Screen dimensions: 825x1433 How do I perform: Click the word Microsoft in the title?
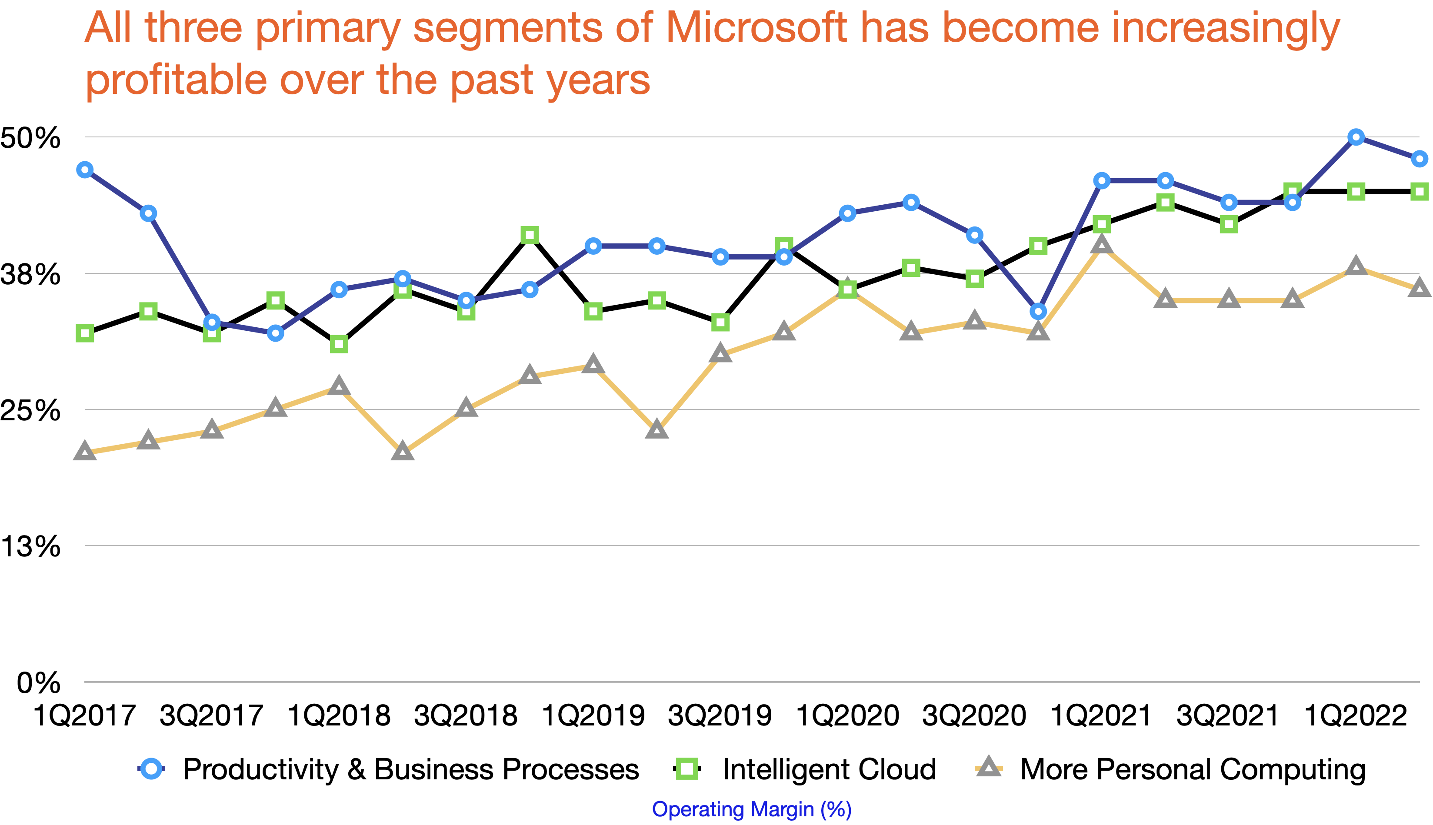756,28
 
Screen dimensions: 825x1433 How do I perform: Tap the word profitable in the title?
176,80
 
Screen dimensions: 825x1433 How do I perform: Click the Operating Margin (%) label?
751,809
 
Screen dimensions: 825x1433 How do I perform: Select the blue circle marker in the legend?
151,769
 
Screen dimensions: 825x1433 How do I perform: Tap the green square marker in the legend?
687,769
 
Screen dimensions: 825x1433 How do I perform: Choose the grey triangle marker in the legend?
989,767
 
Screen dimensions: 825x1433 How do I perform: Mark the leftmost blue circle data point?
85,170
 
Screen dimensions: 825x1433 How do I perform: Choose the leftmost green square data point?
85,333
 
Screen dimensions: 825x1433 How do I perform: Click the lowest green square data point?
339,344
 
